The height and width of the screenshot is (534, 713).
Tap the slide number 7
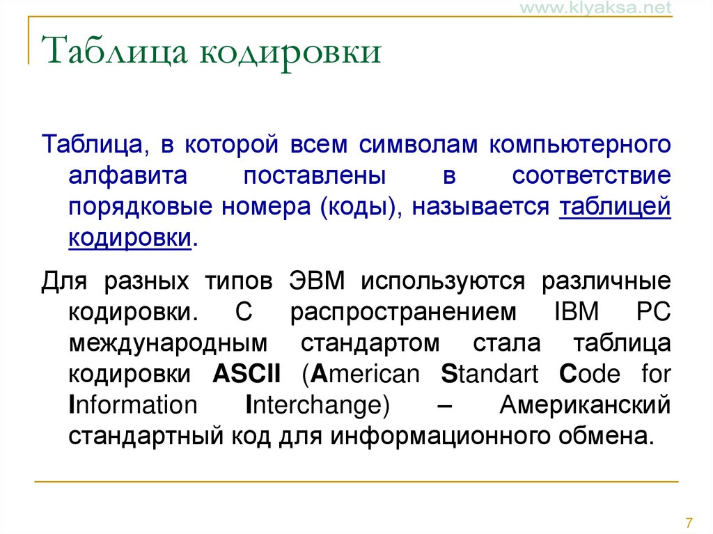coord(689,523)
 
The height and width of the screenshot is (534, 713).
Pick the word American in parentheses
coord(361,375)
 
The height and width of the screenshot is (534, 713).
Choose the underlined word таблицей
coord(615,208)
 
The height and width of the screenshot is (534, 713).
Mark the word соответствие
coord(591,176)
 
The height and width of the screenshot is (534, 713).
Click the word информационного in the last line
coord(440,436)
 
